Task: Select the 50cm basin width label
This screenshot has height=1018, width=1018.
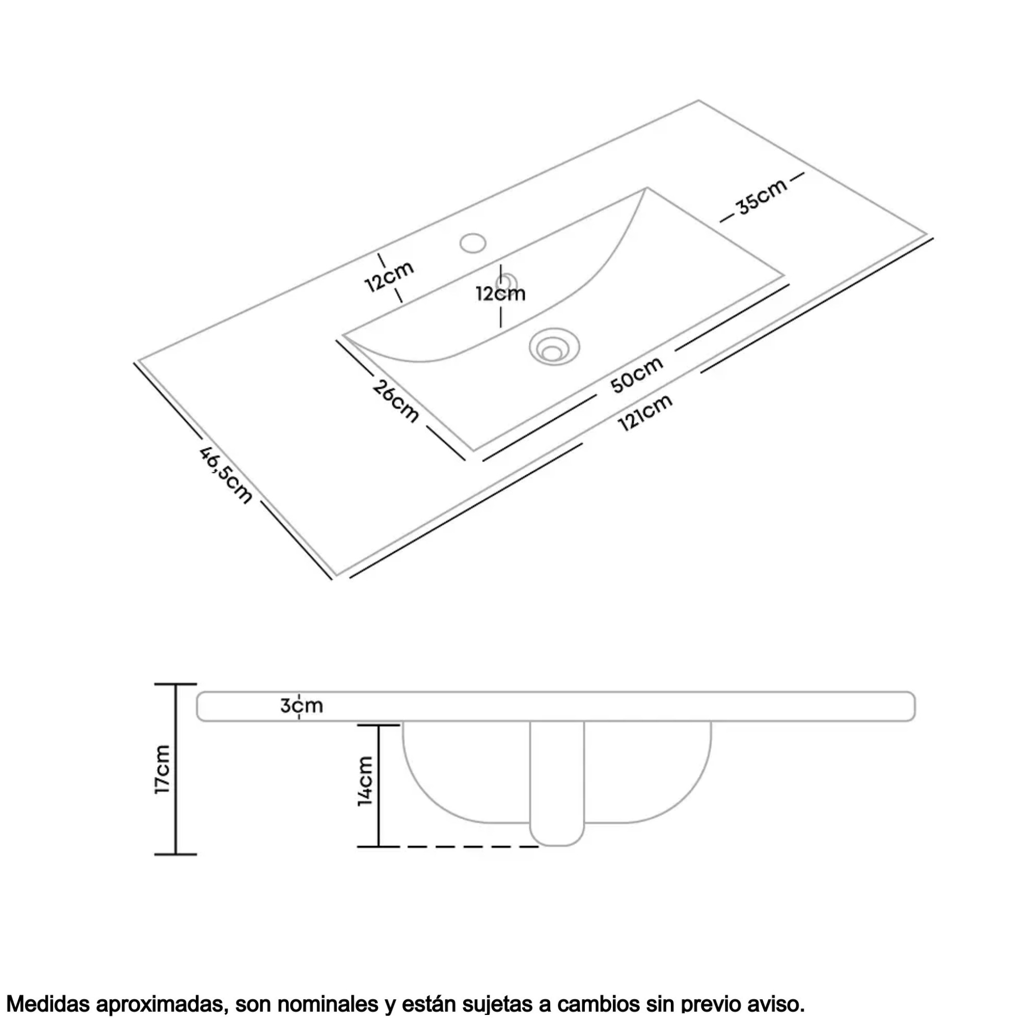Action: (x=637, y=375)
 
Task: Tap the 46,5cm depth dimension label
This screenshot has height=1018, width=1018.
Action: (x=225, y=475)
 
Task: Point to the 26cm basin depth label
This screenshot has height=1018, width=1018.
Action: (x=395, y=401)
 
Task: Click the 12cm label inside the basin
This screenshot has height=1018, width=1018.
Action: (x=500, y=294)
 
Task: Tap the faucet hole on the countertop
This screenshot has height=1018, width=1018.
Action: (x=472, y=243)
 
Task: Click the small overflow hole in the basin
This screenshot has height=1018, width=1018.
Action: (x=508, y=281)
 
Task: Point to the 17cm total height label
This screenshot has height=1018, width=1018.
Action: (x=162, y=770)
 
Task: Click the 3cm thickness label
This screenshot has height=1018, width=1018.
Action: (x=301, y=705)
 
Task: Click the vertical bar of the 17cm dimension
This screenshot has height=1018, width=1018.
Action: (x=176, y=769)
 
